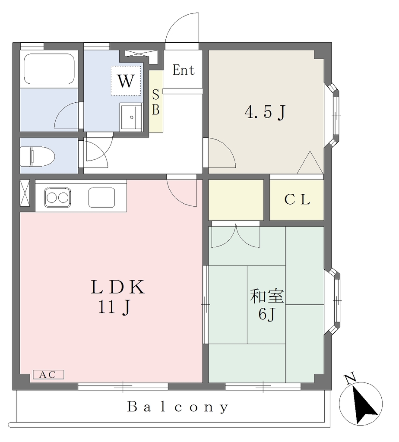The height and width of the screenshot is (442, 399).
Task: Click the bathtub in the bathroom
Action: (49, 69)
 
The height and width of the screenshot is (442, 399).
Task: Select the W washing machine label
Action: (126, 81)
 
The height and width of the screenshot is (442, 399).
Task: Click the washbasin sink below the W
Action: (131, 117)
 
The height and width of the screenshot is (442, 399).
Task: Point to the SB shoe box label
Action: (156, 102)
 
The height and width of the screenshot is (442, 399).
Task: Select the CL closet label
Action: (297, 199)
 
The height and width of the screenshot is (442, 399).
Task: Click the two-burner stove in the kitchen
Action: (57, 197)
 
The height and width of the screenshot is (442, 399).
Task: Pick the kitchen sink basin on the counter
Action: (102, 197)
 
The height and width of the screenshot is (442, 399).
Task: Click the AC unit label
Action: (48, 375)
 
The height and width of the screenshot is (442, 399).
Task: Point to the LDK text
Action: (117, 287)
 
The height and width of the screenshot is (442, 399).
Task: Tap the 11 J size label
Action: (114, 307)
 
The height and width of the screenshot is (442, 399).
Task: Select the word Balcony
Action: (177, 407)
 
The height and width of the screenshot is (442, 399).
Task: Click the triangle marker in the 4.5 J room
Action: (310, 163)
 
